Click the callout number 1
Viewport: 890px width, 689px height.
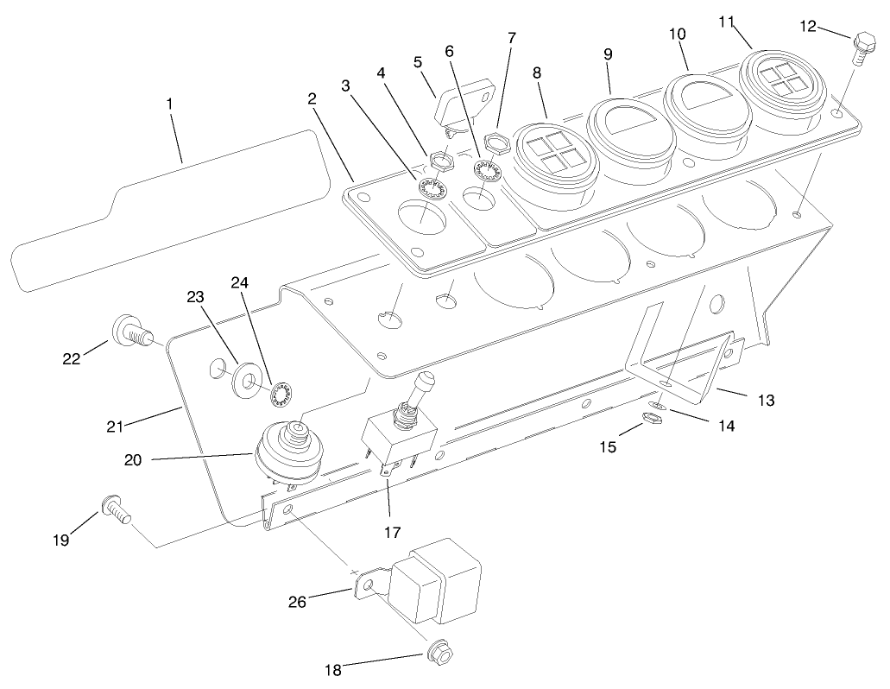[170, 104]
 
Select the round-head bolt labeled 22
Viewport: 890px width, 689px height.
[129, 331]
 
